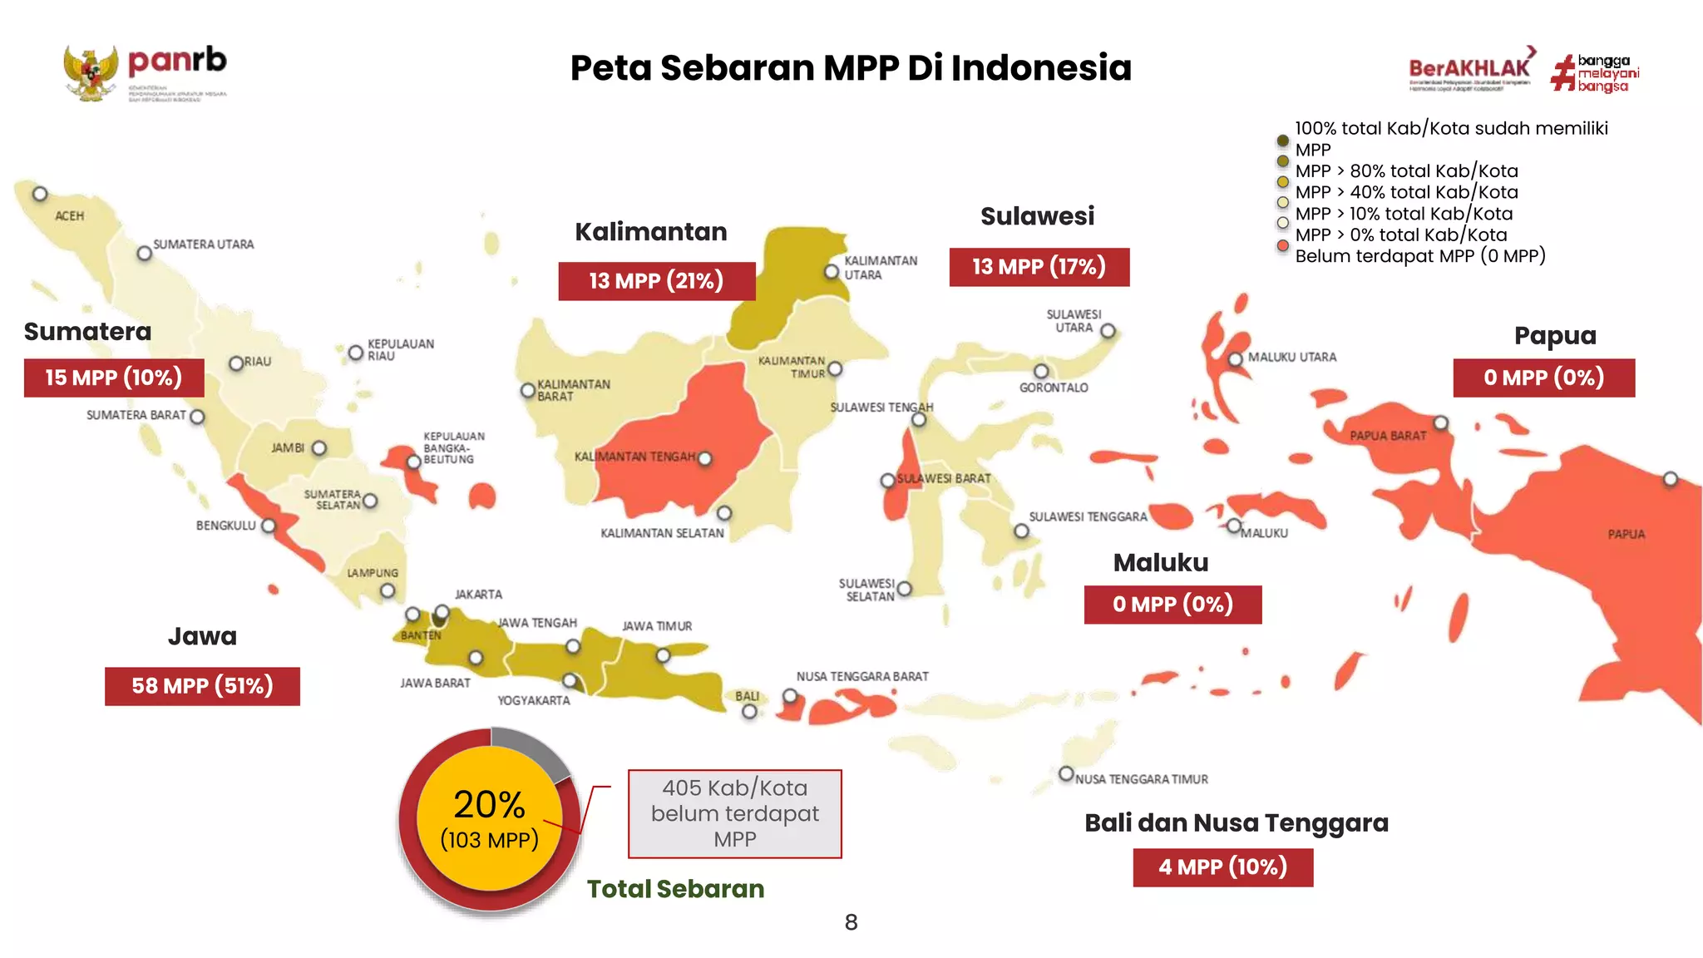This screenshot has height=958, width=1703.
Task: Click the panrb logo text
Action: click(x=177, y=61)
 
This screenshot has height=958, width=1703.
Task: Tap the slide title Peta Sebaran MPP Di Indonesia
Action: click(x=850, y=67)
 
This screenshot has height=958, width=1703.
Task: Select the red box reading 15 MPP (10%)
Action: click(x=114, y=378)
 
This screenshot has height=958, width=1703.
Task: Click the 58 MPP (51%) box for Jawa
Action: click(x=202, y=686)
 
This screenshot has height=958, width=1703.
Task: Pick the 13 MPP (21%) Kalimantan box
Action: click(x=656, y=281)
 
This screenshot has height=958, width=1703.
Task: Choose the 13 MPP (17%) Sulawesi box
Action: click(x=1039, y=267)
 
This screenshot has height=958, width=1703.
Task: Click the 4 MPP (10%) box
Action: click(x=1222, y=867)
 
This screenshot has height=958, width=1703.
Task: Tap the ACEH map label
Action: click(x=70, y=216)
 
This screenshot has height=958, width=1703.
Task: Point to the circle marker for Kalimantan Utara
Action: click(x=832, y=272)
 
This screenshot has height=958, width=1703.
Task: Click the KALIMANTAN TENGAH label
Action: click(x=634, y=457)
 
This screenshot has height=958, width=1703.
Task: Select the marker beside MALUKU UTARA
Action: click(x=1236, y=359)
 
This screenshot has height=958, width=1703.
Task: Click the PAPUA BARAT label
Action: click(x=1387, y=436)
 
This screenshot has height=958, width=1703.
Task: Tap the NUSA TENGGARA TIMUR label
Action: click(x=1141, y=779)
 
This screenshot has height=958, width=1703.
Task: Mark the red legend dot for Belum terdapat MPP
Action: click(x=1282, y=246)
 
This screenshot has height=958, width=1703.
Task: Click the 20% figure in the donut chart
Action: click(x=489, y=805)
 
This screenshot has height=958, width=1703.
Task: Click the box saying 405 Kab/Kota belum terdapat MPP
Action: click(x=734, y=813)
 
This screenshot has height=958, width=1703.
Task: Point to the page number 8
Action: click(x=851, y=922)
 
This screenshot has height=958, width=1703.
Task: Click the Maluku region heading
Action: click(x=1160, y=563)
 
